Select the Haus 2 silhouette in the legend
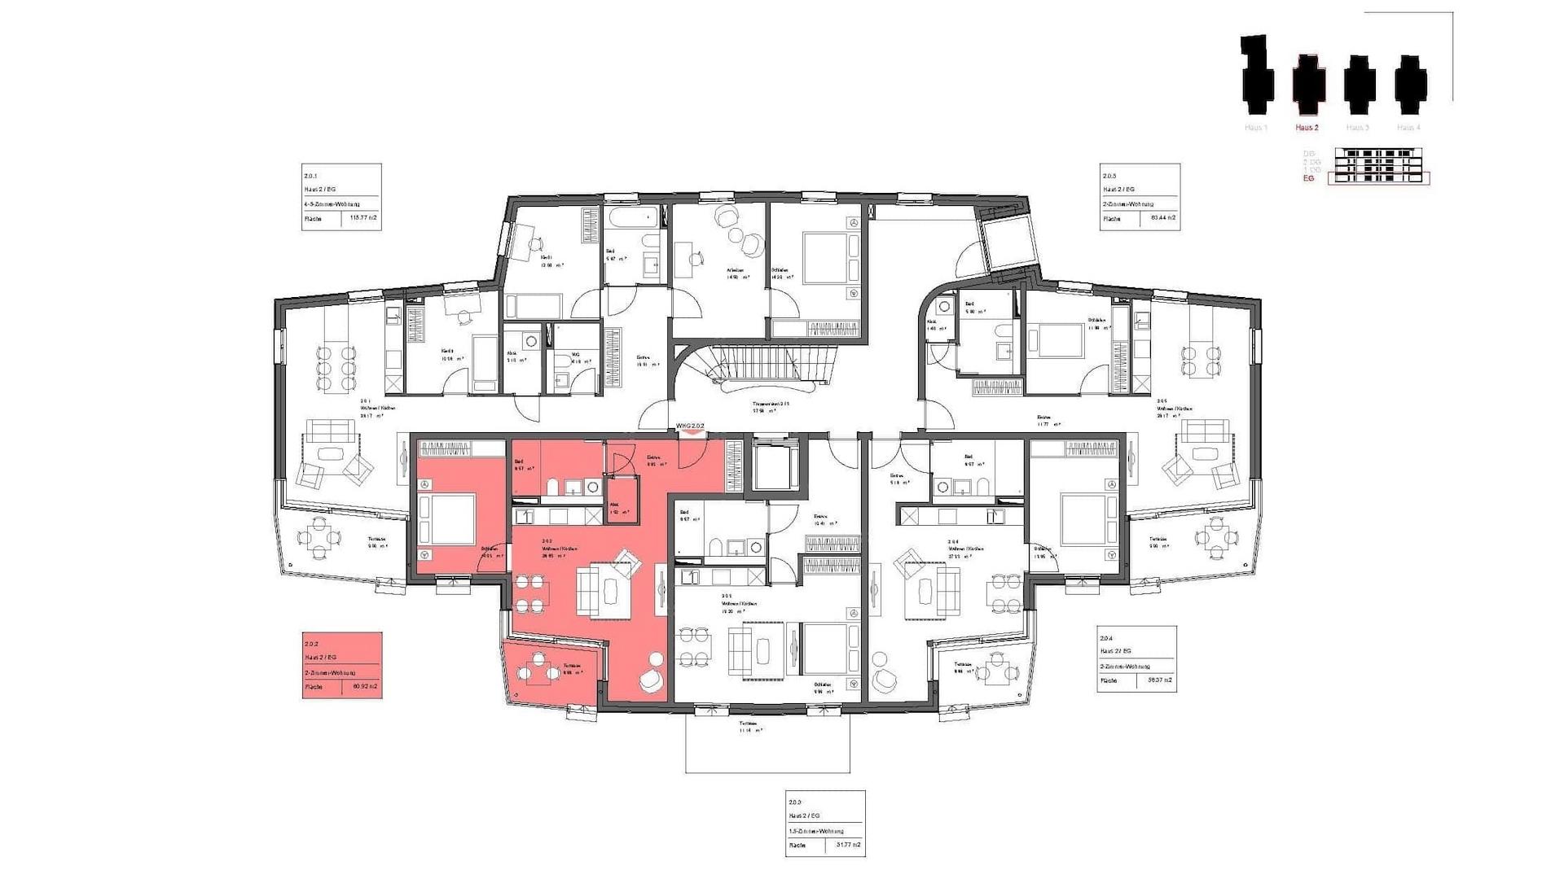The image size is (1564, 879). (1308, 85)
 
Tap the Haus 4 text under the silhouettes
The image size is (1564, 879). (1408, 128)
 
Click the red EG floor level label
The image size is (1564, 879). (1309, 178)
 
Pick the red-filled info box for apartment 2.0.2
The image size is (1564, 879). (342, 665)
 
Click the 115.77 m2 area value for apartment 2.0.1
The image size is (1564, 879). (362, 218)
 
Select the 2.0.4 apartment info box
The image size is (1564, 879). (1136, 658)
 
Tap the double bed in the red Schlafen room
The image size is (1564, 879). (446, 518)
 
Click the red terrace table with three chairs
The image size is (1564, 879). (537, 669)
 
